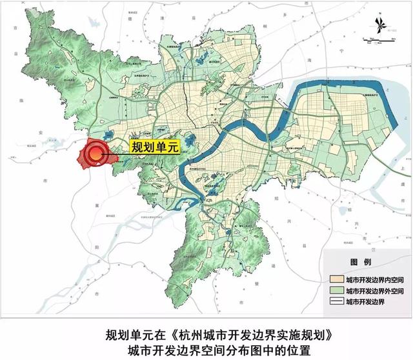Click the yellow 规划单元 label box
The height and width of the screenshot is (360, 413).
point(154,147)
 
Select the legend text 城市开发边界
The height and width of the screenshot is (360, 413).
point(365,301)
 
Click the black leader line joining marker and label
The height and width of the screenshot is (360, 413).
point(116,151)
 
